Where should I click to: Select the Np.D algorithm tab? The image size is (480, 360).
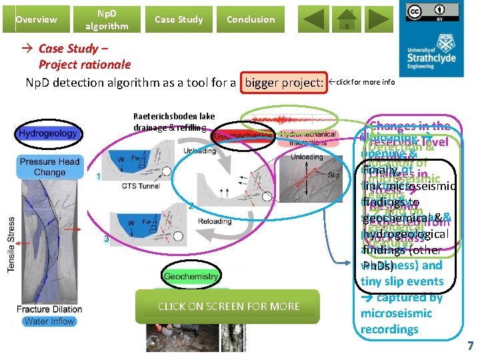pyautogui.click(x=107, y=19)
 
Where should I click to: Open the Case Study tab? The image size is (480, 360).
pyautogui.click(x=179, y=19)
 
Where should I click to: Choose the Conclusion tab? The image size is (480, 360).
pyautogui.click(x=251, y=19)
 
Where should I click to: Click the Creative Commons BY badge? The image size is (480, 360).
pyautogui.click(x=427, y=13)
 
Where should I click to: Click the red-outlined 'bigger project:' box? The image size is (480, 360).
pyautogui.click(x=285, y=83)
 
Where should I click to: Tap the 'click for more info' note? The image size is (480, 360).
pyautogui.click(x=365, y=83)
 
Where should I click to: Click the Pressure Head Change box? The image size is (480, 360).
pyautogui.click(x=50, y=167)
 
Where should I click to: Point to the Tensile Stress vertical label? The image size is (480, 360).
pyautogui.click(x=11, y=244)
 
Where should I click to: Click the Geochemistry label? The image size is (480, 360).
pyautogui.click(x=191, y=276)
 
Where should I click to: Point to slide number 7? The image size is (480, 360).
pyautogui.click(x=470, y=346)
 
